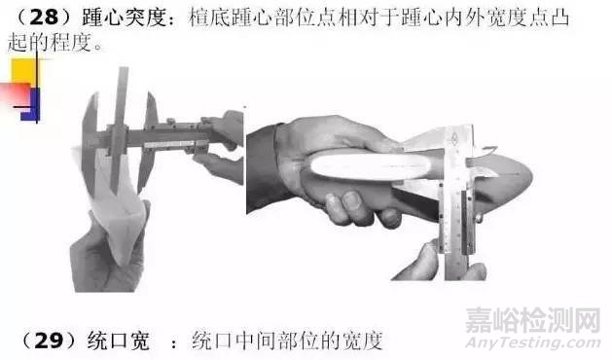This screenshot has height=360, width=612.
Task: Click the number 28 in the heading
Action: point(44,18)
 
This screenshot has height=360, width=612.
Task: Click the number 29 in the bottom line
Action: point(49,341)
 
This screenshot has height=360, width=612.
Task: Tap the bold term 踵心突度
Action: point(125,18)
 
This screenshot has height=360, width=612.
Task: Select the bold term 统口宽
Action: point(119,341)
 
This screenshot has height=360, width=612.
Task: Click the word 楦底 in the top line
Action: point(209,18)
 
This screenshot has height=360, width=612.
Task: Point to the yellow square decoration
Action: point(25,72)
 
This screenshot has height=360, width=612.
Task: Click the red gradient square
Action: point(16,94)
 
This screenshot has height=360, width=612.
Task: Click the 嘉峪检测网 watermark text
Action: point(533,320)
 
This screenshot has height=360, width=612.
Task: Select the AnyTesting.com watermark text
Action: point(533,342)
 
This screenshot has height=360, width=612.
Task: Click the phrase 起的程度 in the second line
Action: point(50,42)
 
